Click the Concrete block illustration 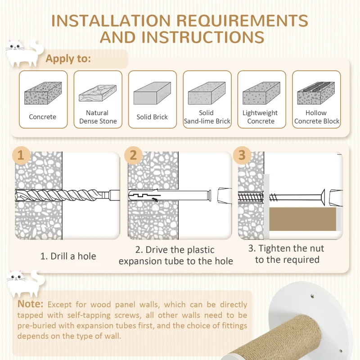tap(43, 93)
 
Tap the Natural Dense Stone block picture tap(98, 93)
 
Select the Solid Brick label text tap(152, 117)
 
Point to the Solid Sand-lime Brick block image tap(207, 93)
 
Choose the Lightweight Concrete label tap(260, 117)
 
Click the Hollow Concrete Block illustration tap(316, 93)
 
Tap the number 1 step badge tap(21, 155)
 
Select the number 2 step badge tap(133, 155)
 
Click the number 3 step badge tap(242, 155)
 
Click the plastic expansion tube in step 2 tap(170, 195)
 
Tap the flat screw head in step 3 tap(323, 197)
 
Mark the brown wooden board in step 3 tap(302, 219)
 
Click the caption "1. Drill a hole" tap(68, 256)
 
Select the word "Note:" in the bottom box tap(30, 304)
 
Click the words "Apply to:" tap(68, 59)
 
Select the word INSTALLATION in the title tap(111, 21)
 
